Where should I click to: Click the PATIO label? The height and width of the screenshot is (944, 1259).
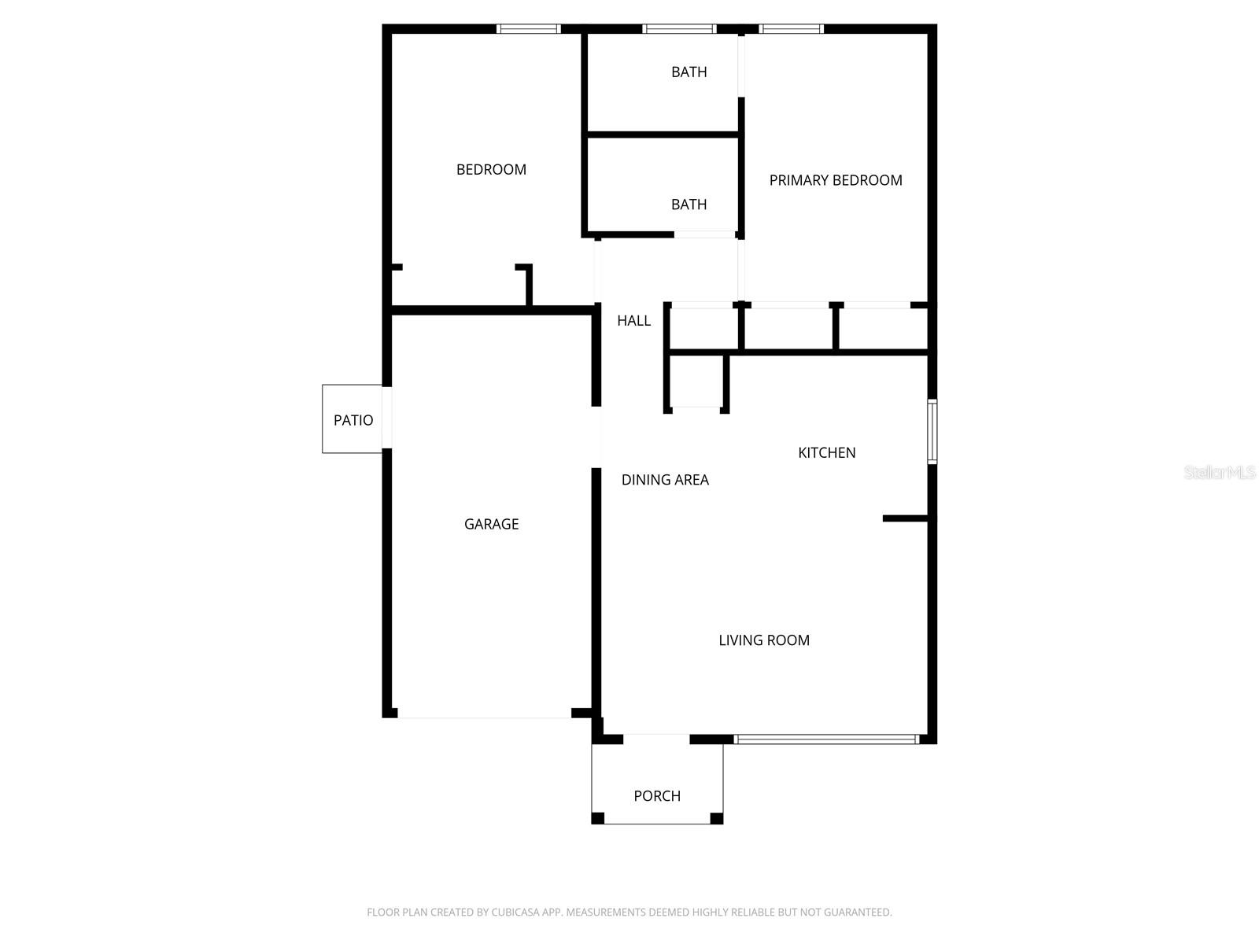tap(353, 420)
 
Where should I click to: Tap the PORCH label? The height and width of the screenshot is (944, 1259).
tap(657, 796)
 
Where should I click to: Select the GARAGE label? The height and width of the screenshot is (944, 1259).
tap(491, 524)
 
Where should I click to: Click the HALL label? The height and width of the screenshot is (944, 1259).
tap(633, 320)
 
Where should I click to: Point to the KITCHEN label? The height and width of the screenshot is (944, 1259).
tap(826, 452)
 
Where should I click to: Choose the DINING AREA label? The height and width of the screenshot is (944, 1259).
tap(665, 480)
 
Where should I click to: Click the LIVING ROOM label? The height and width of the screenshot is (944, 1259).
tap(763, 640)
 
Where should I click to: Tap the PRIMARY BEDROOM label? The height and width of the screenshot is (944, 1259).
tap(835, 180)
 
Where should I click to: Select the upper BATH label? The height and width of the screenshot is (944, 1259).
tap(689, 72)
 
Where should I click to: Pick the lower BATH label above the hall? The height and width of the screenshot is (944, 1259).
tap(689, 205)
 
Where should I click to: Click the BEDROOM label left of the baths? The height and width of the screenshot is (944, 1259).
tap(491, 169)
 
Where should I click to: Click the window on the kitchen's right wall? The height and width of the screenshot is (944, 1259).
tap(932, 431)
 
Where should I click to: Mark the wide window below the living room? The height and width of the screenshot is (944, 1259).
tap(826, 739)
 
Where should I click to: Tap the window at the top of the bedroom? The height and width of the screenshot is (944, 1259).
tap(528, 29)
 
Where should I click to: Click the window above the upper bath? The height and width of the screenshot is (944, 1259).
tap(679, 29)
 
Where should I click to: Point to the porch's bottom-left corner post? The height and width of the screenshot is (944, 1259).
tap(598, 819)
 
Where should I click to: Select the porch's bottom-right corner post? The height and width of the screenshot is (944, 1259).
tap(716, 819)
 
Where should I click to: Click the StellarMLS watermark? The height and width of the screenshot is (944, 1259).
tap(1220, 473)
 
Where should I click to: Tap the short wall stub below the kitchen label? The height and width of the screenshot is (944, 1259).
tap(906, 518)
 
